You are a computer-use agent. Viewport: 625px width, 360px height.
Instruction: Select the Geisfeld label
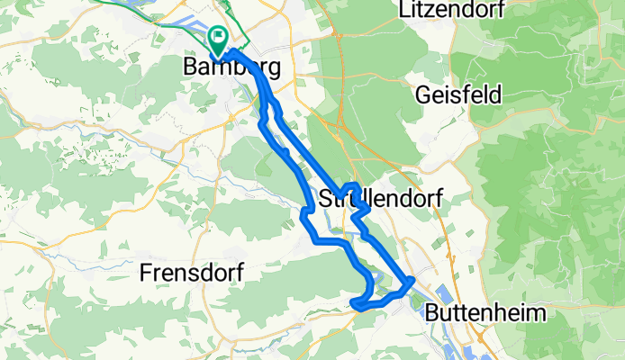[x=458, y=94]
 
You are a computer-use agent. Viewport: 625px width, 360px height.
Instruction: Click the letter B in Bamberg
[x=190, y=67]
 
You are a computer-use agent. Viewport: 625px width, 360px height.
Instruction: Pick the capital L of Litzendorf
[x=403, y=12]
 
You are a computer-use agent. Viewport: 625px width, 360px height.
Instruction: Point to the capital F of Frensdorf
[x=147, y=272]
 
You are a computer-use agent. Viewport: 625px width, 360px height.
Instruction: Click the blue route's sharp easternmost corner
[x=412, y=280]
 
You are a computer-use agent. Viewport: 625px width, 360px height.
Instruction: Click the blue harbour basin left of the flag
[x=200, y=46]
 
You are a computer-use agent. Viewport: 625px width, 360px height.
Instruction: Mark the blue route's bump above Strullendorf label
[x=352, y=186]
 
